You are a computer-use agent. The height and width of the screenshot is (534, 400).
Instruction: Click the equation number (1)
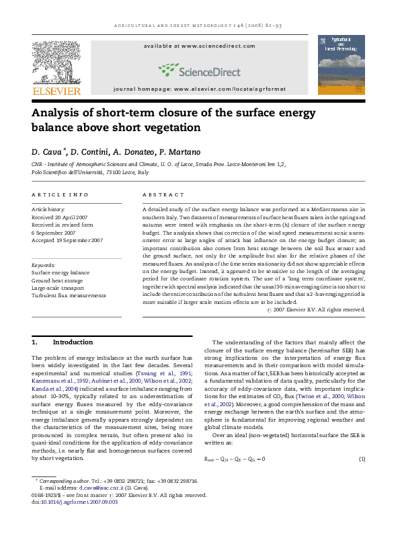point(361,459)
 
